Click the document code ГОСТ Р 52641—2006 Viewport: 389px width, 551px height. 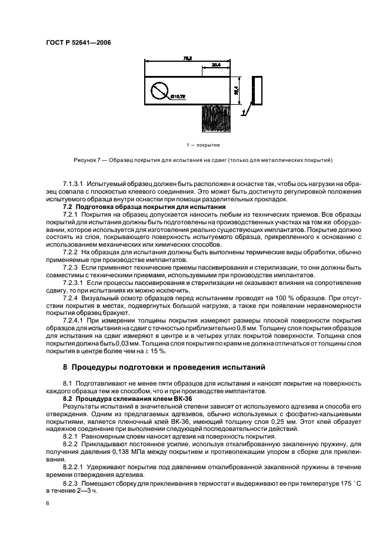point(79,42)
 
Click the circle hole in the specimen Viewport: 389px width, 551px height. point(159,91)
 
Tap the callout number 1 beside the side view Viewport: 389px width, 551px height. point(242,110)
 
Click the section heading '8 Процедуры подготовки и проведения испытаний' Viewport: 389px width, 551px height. point(164,367)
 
